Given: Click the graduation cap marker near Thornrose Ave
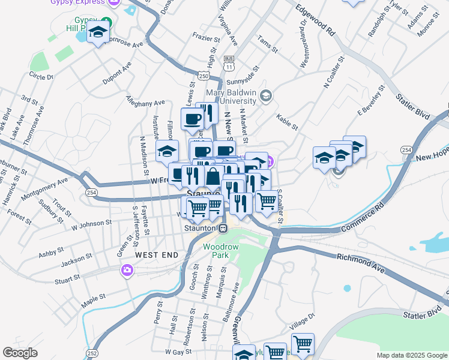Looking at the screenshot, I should tap(98, 32).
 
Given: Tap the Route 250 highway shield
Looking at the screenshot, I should tap(204, 76).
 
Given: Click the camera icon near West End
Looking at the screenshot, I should tap(127, 271).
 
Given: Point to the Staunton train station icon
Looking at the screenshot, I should tap(223, 228).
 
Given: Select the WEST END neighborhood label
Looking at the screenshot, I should tap(157, 255).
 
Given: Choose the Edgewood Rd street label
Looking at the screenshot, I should tap(315, 22).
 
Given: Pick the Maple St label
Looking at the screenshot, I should tap(94, 298).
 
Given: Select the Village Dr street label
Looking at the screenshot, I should tap(302, 321).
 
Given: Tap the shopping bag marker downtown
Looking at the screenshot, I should tap(214, 177).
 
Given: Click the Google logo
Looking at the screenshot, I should tap(20, 353).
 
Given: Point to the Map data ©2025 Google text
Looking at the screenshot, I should tap(411, 355).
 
